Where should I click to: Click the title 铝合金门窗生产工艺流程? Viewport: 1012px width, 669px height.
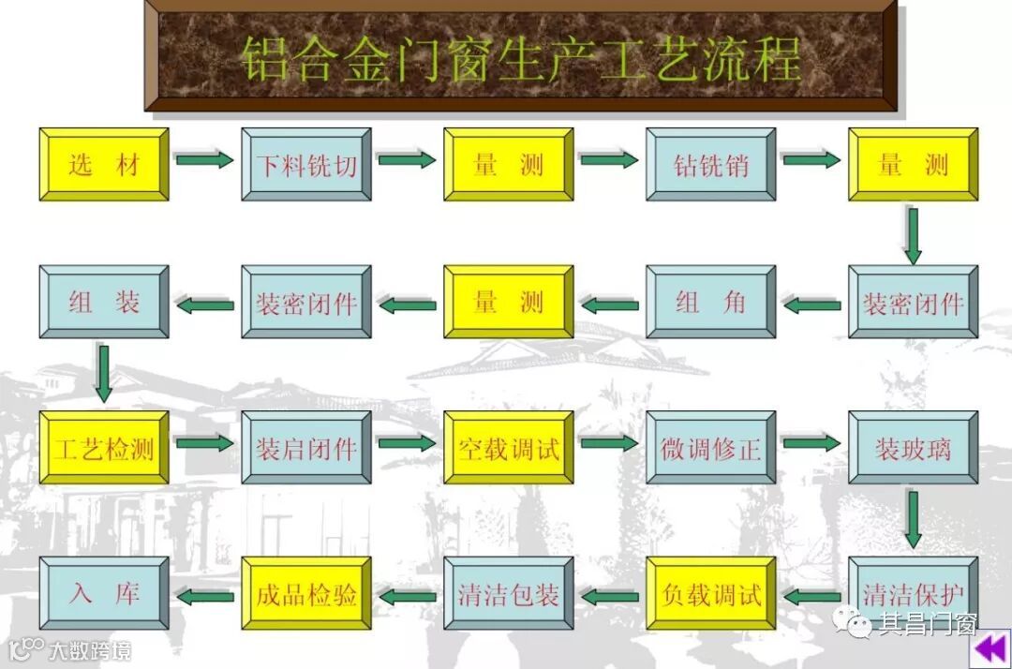click(521, 58)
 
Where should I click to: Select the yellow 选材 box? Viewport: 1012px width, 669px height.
click(104, 165)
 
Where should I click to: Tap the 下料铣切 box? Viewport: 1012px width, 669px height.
click(306, 165)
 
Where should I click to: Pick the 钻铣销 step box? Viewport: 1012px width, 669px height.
click(711, 165)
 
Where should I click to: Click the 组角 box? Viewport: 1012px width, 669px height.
click(711, 302)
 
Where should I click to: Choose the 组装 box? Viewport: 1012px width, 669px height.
click(104, 302)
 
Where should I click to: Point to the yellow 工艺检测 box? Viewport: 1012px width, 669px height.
click(104, 448)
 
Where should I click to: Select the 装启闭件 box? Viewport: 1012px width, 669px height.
click(306, 448)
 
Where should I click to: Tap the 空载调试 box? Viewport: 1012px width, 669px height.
click(509, 448)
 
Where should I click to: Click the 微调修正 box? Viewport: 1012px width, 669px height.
click(711, 448)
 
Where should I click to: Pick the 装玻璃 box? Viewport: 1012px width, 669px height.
click(914, 448)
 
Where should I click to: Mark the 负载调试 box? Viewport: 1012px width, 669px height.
click(711, 594)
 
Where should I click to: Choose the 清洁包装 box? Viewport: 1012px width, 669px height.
click(509, 594)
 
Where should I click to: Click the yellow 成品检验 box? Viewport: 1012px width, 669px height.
click(306, 594)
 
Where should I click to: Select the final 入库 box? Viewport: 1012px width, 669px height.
click(104, 594)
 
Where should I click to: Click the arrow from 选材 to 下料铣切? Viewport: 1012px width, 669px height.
click(204, 160)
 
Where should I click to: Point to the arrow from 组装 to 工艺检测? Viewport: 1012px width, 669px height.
click(103, 373)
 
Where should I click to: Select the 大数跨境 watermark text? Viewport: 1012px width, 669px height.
click(89, 649)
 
